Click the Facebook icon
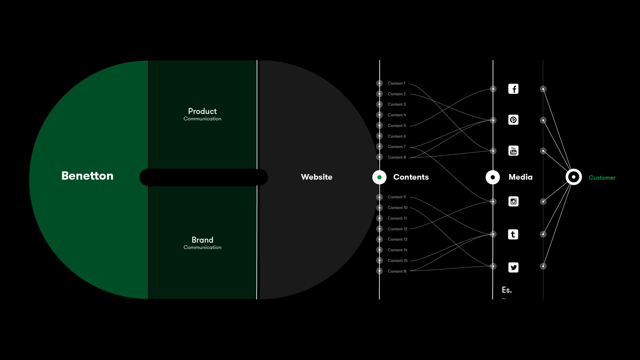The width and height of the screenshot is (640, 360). (513, 89)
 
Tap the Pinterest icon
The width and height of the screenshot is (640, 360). (513, 120)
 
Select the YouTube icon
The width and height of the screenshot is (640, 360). (513, 151)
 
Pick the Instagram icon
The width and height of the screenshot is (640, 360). (513, 201)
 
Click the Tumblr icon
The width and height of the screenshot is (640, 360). (513, 234)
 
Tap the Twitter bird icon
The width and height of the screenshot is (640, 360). (513, 267)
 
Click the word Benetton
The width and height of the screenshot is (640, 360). (87, 176)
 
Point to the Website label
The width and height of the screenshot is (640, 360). (316, 177)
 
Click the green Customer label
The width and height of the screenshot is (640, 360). (602, 178)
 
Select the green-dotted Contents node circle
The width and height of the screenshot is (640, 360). (379, 177)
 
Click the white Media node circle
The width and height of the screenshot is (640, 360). (493, 177)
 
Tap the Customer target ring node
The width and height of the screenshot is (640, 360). (574, 177)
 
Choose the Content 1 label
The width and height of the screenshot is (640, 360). (396, 83)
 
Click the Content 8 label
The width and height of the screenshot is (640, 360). (397, 157)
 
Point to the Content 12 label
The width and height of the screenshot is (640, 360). (397, 229)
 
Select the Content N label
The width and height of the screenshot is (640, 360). (397, 271)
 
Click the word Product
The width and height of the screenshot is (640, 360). (202, 111)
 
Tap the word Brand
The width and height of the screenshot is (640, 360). (202, 240)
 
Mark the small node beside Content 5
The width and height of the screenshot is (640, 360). (379, 125)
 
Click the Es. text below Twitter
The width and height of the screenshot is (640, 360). (507, 290)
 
